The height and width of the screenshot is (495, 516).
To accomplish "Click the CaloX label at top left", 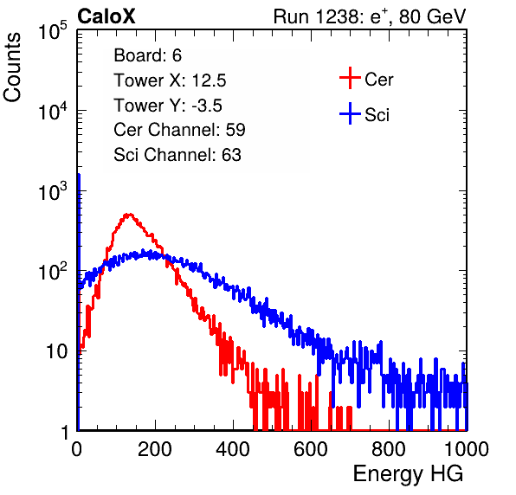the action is coord(106,16).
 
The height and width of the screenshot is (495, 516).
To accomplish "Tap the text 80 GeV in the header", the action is coord(432,16).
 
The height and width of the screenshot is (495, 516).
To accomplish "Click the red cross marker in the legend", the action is coord(350,78).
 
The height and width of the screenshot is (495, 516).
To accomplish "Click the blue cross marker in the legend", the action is coord(350,113).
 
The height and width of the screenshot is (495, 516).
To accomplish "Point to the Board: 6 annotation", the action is coord(147,55).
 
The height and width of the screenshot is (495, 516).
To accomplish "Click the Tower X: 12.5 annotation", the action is coord(170,80).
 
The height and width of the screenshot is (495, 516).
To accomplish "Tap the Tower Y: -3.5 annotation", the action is coord(168,106).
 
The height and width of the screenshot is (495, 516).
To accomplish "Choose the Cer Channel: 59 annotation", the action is coord(179,130).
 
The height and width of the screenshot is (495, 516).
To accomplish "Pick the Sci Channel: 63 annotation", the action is coord(177,155).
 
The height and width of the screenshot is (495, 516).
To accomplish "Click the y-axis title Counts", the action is coord(12,67).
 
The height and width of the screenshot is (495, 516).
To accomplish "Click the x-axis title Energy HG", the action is coord(409,474).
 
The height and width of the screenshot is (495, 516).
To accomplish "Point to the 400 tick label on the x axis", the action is coord(233,449).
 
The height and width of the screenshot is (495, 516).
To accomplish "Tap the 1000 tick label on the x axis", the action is coord(467,449).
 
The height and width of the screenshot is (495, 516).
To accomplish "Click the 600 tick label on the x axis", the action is coord(311,449).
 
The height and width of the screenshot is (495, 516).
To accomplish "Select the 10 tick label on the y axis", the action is coord(56,351).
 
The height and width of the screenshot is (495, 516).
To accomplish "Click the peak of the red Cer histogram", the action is coord(129,214).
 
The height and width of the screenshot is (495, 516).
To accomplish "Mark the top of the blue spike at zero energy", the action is coord(79,174).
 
